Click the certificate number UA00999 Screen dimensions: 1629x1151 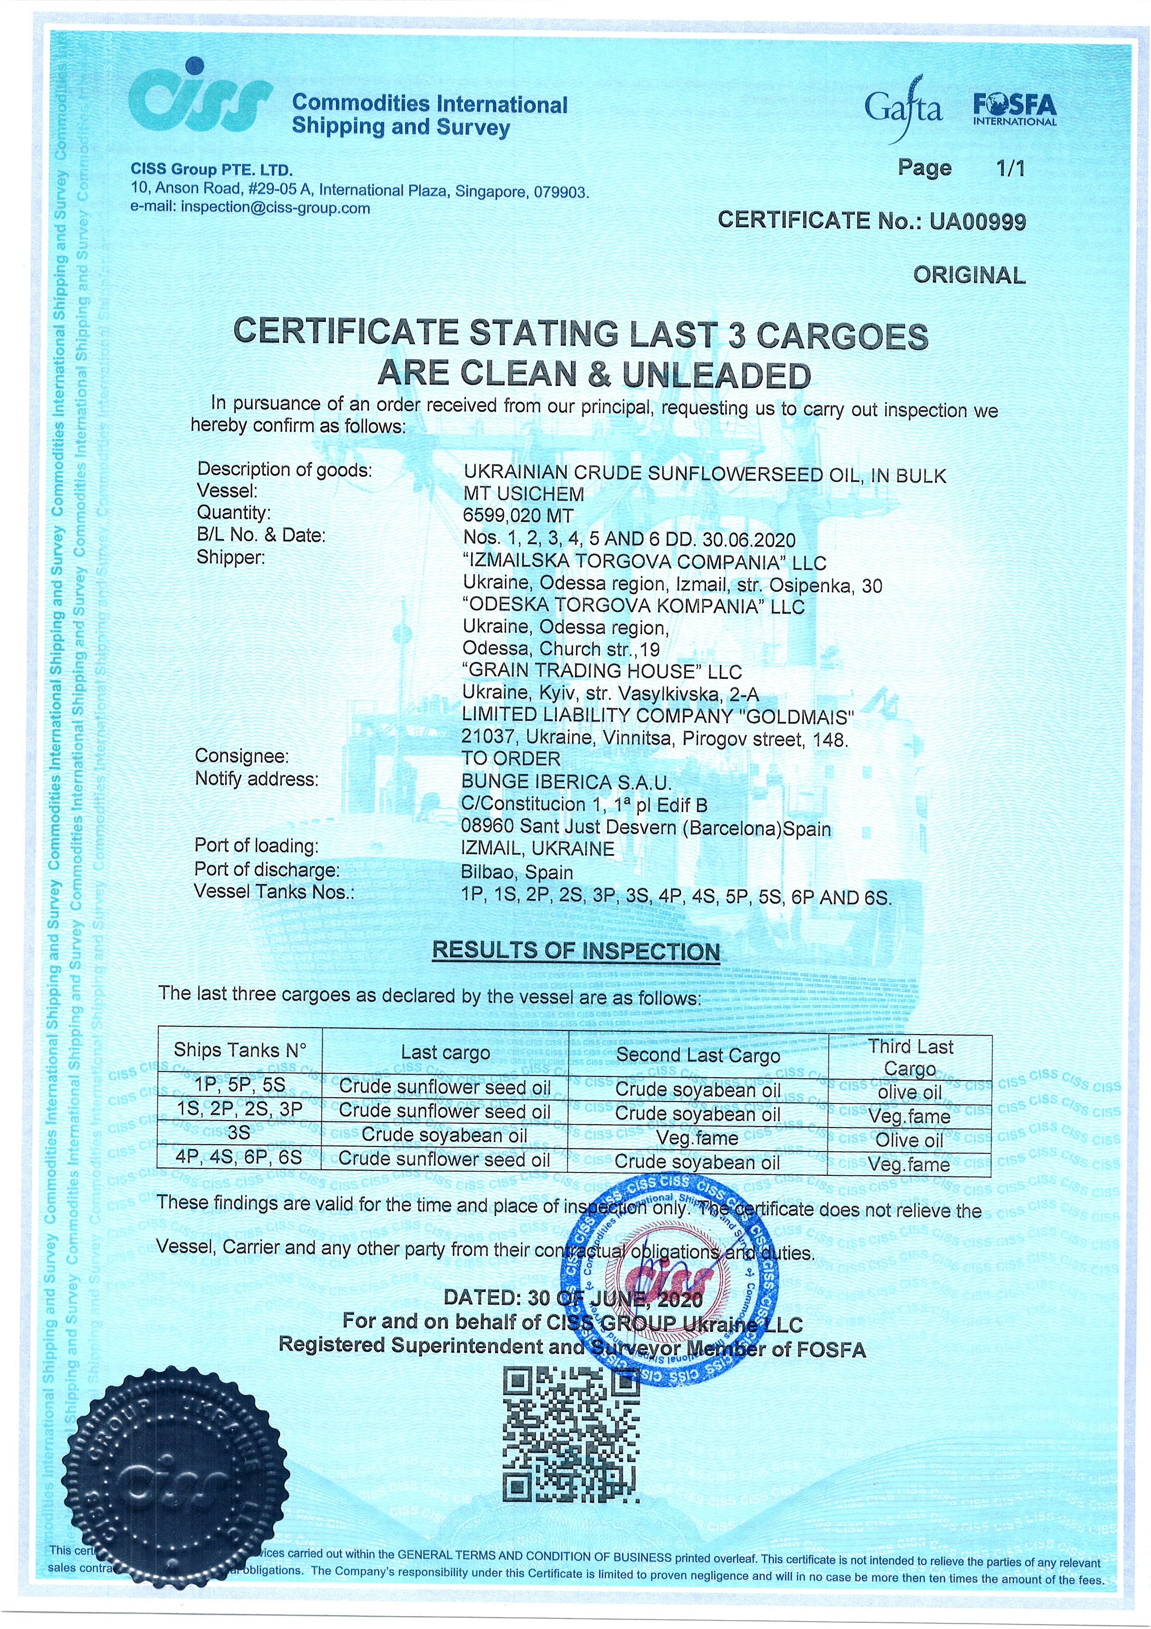[x=977, y=222]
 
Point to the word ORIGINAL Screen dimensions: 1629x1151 [x=969, y=275]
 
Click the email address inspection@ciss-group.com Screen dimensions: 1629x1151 [x=275, y=208]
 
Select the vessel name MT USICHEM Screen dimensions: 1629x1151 [x=524, y=495]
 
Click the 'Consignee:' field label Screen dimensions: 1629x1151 [x=242, y=756]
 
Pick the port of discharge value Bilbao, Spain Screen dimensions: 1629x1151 [x=517, y=872]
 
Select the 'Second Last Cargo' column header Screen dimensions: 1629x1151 [x=698, y=1055]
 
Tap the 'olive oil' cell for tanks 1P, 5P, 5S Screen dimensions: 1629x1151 [x=909, y=1092]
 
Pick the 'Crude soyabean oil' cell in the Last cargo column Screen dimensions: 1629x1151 [x=444, y=1135]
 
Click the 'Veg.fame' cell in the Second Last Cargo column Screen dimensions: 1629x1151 [x=697, y=1138]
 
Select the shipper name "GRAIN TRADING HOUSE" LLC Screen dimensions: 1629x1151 [x=601, y=671]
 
